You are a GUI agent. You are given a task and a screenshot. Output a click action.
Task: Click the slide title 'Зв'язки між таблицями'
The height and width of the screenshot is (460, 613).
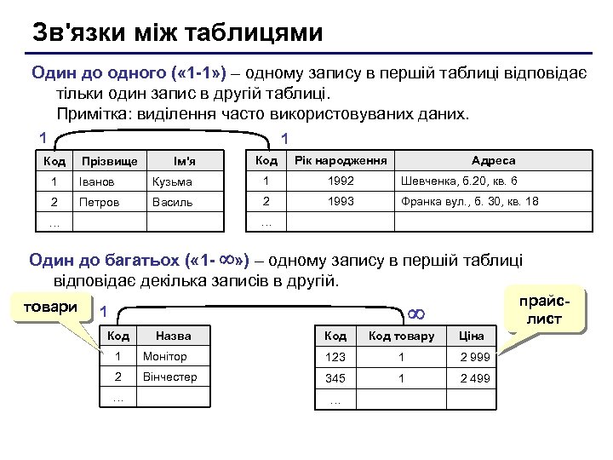click(177, 32)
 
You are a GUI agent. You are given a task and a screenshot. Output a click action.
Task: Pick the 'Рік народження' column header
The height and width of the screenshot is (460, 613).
click(341, 160)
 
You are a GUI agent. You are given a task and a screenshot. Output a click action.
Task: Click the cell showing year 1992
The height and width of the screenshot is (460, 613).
click(341, 181)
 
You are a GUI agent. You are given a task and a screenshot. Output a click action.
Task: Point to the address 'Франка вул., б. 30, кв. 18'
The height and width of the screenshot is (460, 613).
click(470, 203)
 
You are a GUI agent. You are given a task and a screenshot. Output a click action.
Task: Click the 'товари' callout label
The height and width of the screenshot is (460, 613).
click(49, 308)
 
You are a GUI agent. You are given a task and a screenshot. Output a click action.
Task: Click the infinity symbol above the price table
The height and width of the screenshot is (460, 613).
click(416, 314)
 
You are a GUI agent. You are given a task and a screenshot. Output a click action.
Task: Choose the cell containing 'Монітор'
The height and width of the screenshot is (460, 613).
click(165, 356)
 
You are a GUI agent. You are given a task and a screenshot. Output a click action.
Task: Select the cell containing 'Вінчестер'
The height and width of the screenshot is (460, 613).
click(170, 377)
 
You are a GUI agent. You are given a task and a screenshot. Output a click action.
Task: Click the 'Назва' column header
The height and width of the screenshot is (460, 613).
click(174, 336)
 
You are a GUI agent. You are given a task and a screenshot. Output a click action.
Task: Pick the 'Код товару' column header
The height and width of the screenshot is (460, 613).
click(401, 336)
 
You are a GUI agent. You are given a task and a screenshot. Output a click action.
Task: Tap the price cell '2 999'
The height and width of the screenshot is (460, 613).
click(475, 357)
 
